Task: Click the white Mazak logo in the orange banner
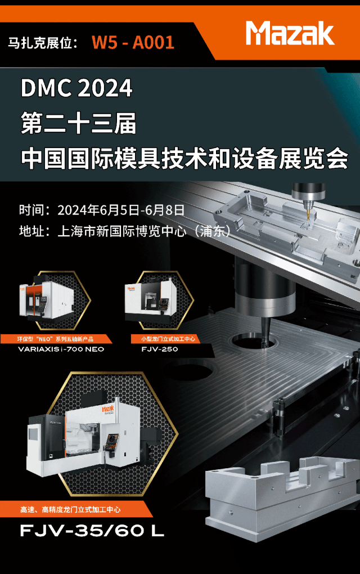pyautogui.click(x=290, y=33)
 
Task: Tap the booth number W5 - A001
pyautogui.click(x=133, y=42)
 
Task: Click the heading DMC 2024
pyautogui.click(x=76, y=88)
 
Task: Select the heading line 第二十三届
pyautogui.click(x=79, y=123)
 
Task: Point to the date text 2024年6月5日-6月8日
pyautogui.click(x=121, y=210)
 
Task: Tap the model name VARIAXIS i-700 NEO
pyautogui.click(x=61, y=349)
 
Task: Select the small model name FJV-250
pyautogui.click(x=160, y=349)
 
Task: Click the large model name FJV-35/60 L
pyautogui.click(x=92, y=531)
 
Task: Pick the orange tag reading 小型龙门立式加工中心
pyautogui.click(x=169, y=339)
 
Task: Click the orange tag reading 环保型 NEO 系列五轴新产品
pyautogui.click(x=56, y=339)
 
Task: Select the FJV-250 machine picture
pyautogui.click(x=150, y=300)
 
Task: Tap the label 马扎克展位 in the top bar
pyautogui.click(x=42, y=43)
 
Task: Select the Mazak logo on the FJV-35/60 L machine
pyautogui.click(x=107, y=409)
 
